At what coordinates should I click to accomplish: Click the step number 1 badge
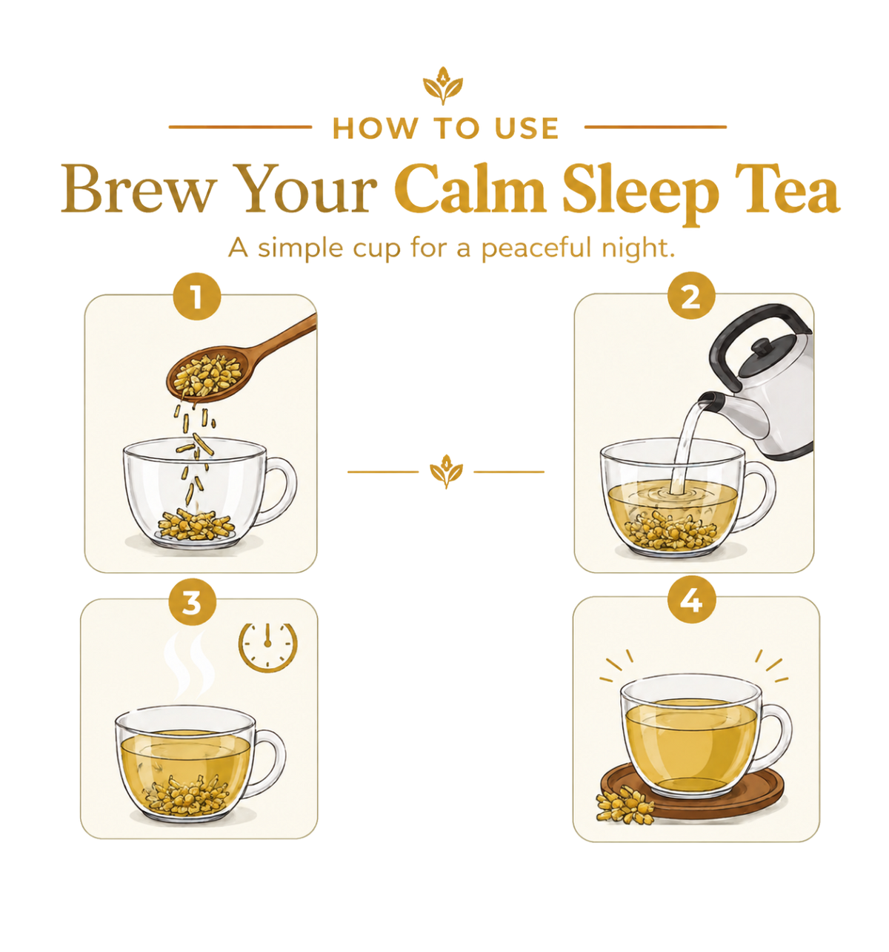click(x=196, y=297)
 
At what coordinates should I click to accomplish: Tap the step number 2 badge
click(x=690, y=296)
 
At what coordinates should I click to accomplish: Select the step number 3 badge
click(x=192, y=602)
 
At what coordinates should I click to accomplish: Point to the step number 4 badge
click(x=691, y=600)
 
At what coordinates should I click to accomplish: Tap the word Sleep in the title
click(x=640, y=193)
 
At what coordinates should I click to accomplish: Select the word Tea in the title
click(x=787, y=188)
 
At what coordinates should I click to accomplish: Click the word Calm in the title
click(x=470, y=188)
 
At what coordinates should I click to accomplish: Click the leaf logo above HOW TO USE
click(x=443, y=86)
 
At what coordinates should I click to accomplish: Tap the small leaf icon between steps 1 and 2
click(x=446, y=472)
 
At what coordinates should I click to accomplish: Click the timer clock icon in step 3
click(x=267, y=647)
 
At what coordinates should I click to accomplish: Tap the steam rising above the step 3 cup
click(x=189, y=666)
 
